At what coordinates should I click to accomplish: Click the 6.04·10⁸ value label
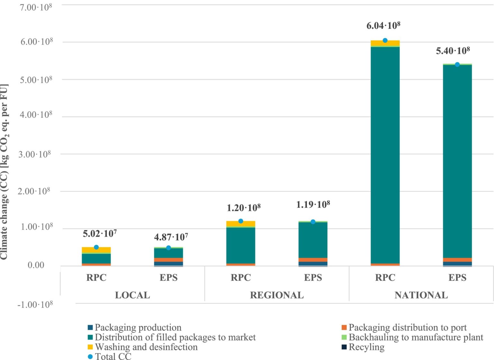click(x=383, y=25)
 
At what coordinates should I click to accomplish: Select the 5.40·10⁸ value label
click(x=453, y=51)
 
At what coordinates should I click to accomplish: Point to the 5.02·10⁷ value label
click(x=100, y=233)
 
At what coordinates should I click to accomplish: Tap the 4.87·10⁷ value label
click(x=171, y=237)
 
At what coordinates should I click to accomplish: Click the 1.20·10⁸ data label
click(x=243, y=208)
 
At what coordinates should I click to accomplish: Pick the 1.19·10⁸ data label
click(x=313, y=204)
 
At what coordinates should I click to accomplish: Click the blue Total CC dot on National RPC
click(x=385, y=40)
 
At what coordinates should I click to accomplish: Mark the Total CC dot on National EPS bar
click(x=457, y=65)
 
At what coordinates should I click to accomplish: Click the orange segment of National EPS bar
click(x=457, y=260)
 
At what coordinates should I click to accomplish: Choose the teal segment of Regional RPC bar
click(x=241, y=246)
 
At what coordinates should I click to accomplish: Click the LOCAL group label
click(x=132, y=295)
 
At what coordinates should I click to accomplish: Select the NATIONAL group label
click(x=421, y=295)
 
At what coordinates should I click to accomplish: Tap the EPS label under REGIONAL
click(x=313, y=277)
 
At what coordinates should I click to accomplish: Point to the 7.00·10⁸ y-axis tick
click(x=36, y=7)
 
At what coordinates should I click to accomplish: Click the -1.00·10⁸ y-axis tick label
click(x=35, y=304)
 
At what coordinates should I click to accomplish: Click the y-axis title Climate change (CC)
click(x=5, y=172)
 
